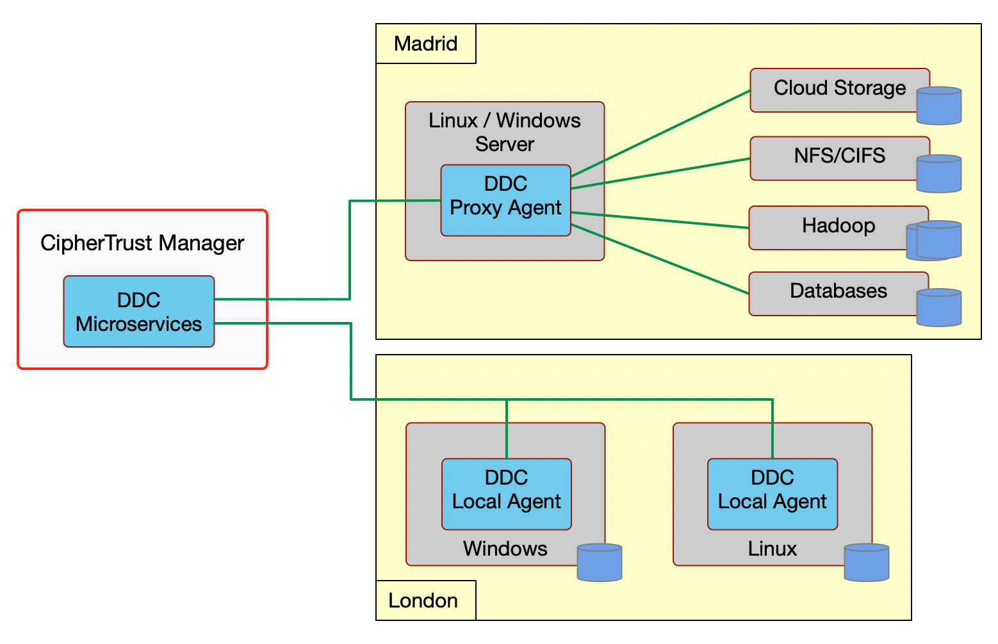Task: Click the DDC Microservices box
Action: click(138, 312)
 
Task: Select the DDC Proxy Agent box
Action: click(505, 200)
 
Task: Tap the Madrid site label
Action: click(425, 44)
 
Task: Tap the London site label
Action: click(423, 600)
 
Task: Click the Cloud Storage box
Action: click(833, 90)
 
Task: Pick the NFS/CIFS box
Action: click(833, 157)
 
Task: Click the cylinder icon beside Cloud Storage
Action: click(939, 106)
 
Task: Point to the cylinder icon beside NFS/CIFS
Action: click(939, 173)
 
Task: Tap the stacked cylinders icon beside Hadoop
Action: click(937, 241)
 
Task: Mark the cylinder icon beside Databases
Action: click(939, 308)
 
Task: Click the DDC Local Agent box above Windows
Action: click(506, 494)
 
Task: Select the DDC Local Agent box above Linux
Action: click(772, 494)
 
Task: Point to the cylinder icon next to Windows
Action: click(600, 563)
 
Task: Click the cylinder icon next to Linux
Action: click(866, 563)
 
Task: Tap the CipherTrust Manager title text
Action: click(142, 243)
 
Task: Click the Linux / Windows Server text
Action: click(505, 132)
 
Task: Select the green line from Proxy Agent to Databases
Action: click(660, 259)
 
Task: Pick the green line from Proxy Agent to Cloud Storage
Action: click(660, 133)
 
